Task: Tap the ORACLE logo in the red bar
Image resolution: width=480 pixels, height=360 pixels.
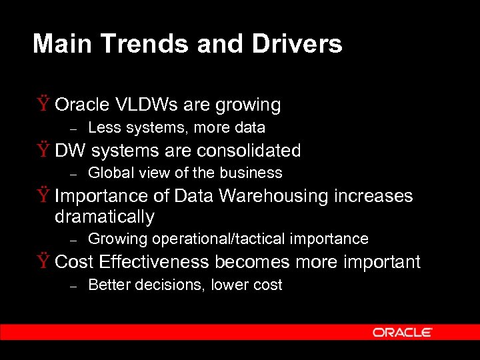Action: point(403,332)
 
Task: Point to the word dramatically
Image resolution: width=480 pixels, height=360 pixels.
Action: point(104,217)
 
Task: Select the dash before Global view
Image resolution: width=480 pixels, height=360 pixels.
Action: point(75,174)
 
